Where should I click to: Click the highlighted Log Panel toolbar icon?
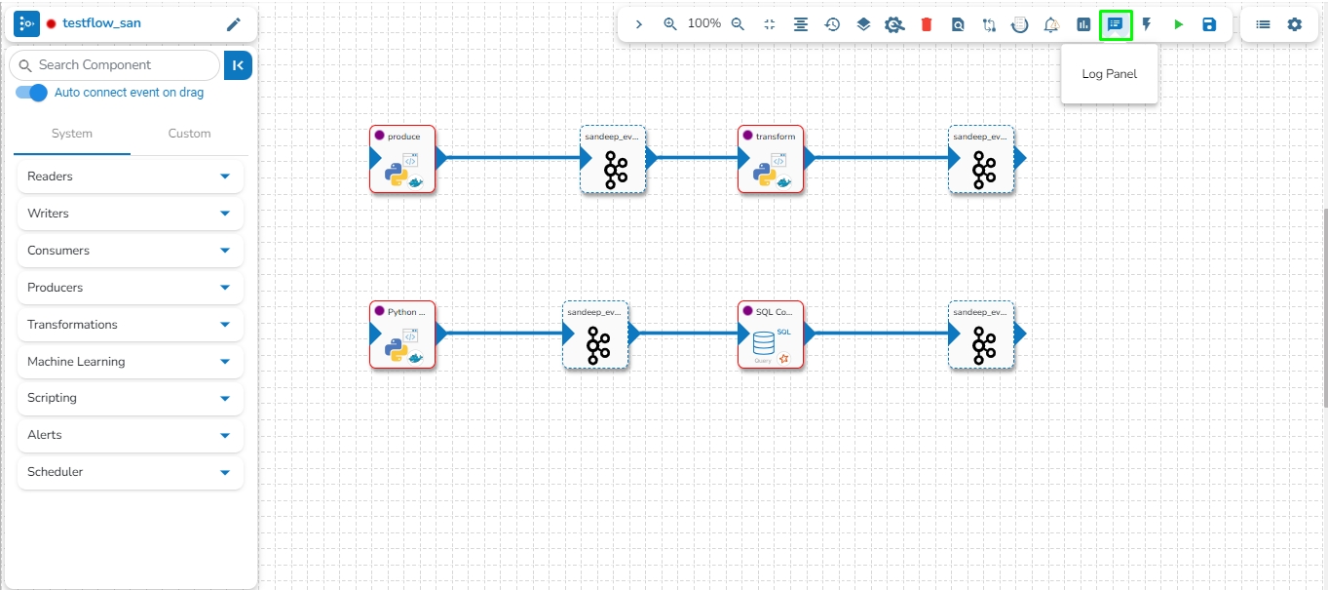coord(1116,24)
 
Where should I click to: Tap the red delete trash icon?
coord(927,24)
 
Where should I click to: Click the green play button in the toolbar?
coord(1178,24)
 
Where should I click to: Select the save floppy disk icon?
coord(1209,24)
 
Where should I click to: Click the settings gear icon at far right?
coord(1294,24)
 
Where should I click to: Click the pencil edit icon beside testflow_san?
coord(233,24)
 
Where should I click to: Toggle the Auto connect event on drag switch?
coord(32,93)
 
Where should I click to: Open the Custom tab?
coord(189,134)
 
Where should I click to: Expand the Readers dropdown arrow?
coord(225,177)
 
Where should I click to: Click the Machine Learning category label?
coord(76,362)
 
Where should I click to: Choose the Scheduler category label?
coord(56,472)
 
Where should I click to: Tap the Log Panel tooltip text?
coord(1109,74)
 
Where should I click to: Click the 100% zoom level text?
coord(704,23)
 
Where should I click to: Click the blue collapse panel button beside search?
coord(238,65)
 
